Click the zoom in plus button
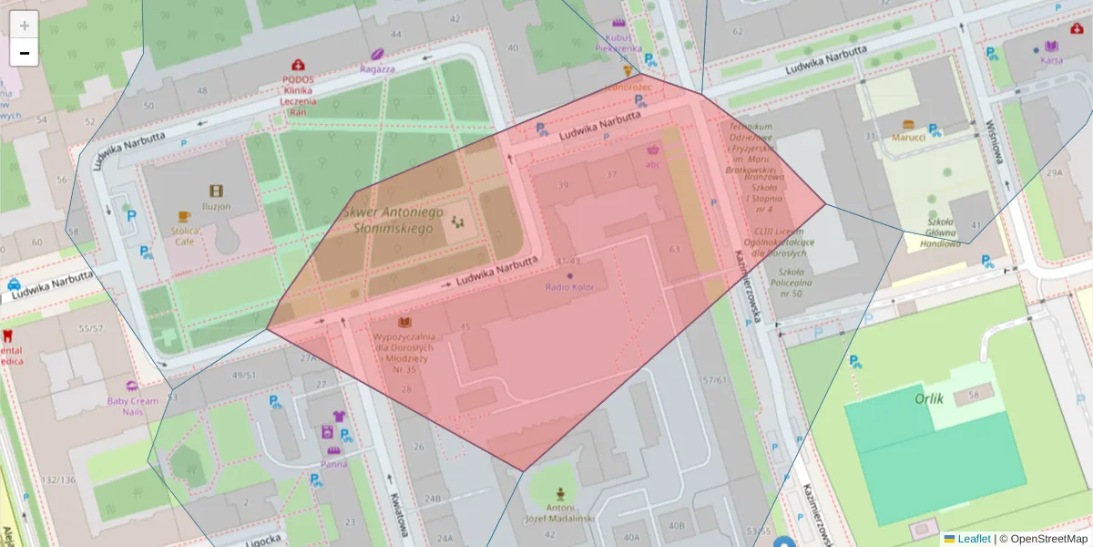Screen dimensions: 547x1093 pyautogui.click(x=25, y=25)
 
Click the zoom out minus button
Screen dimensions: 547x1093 pyautogui.click(x=25, y=53)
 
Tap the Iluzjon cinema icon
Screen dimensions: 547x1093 pyautogui.click(x=216, y=191)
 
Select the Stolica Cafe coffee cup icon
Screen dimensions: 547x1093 pyautogui.click(x=183, y=217)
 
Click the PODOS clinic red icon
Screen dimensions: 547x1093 pyautogui.click(x=298, y=66)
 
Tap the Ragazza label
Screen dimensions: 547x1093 pyautogui.click(x=377, y=68)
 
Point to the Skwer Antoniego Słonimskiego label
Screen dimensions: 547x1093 pyautogui.click(x=393, y=220)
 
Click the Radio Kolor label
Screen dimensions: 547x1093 pyautogui.click(x=569, y=287)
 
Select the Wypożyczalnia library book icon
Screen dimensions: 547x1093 pyautogui.click(x=404, y=322)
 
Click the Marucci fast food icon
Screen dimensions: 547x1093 pyautogui.click(x=908, y=124)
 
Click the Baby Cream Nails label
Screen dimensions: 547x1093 pyautogui.click(x=133, y=406)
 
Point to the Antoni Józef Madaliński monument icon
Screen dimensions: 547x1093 pyautogui.click(x=560, y=492)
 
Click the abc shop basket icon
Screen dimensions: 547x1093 pyautogui.click(x=652, y=150)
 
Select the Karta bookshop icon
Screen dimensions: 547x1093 pyautogui.click(x=1051, y=46)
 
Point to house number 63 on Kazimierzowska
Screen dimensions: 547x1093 pyautogui.click(x=674, y=248)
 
